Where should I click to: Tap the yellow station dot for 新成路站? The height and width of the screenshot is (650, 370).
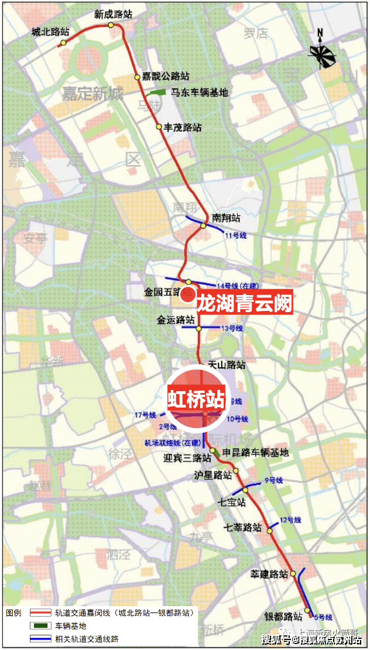(x=111, y=25)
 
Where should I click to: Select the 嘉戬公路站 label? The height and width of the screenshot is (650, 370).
(x=166, y=77)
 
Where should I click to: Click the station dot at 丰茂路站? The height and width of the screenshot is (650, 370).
(x=159, y=126)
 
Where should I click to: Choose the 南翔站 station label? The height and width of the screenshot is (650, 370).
(x=227, y=218)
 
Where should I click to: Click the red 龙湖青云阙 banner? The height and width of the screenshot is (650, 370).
(x=244, y=304)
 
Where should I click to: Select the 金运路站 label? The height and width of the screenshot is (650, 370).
(x=176, y=320)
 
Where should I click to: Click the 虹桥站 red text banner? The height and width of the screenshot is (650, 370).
(x=196, y=400)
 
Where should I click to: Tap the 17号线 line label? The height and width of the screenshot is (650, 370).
(x=145, y=415)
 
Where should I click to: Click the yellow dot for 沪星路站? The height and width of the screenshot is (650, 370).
(x=237, y=471)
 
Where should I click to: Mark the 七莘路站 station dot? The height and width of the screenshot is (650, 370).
(x=270, y=531)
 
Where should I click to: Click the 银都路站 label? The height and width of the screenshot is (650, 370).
(x=283, y=616)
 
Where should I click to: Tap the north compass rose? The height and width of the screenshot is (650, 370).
(x=322, y=53)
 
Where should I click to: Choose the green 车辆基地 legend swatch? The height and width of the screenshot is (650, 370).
(x=39, y=626)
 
